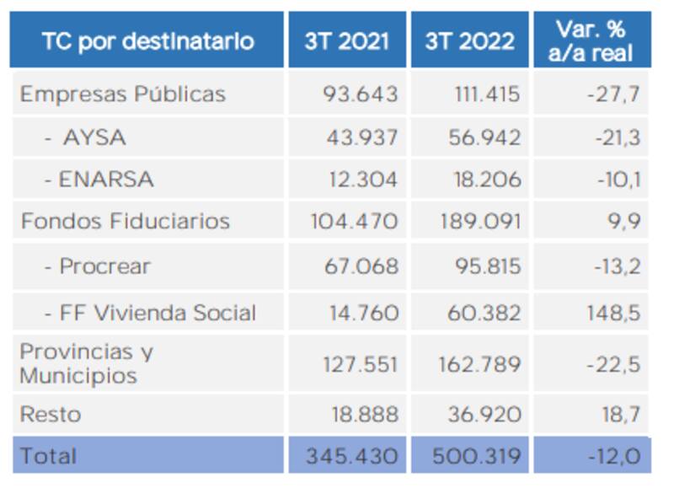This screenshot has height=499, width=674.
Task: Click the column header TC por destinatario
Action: click(147, 41)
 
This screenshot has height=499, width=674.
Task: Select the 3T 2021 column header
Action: click(346, 41)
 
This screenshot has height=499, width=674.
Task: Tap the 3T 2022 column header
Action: click(468, 41)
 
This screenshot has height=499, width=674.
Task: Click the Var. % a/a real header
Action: click(591, 40)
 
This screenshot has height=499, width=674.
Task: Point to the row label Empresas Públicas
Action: click(123, 94)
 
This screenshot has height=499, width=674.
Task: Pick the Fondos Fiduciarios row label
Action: click(125, 222)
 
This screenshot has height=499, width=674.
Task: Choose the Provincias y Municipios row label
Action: click(87, 363)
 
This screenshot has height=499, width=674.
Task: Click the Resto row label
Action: click(51, 414)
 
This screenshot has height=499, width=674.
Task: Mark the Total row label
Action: click(48, 456)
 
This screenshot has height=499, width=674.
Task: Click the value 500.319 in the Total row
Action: click(476, 457)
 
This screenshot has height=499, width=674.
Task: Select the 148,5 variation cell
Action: click(613, 314)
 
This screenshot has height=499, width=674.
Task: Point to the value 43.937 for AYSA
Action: click(361, 137)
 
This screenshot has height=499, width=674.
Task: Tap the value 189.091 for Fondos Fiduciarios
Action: click(480, 223)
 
